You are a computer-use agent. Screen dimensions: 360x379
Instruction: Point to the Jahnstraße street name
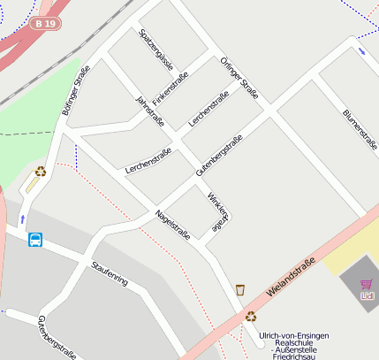click(149, 111)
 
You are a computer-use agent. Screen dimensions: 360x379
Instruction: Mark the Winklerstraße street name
click(217, 212)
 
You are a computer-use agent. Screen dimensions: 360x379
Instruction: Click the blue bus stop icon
click(35, 240)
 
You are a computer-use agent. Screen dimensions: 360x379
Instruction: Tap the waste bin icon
click(240, 289)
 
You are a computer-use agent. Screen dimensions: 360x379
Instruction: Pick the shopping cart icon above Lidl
click(366, 285)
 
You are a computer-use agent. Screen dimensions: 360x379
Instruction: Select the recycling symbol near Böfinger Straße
click(40, 171)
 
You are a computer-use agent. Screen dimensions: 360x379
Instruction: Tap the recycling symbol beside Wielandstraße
click(251, 316)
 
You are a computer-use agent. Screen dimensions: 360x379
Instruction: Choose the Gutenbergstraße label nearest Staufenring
click(55, 337)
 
